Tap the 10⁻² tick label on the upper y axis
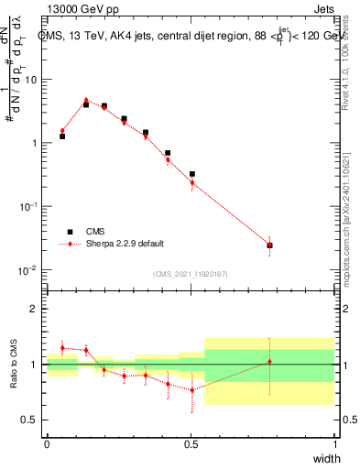(x=30, y=270)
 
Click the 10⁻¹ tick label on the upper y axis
(x=30, y=207)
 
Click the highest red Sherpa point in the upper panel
(x=86, y=101)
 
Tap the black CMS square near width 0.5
(x=192, y=174)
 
